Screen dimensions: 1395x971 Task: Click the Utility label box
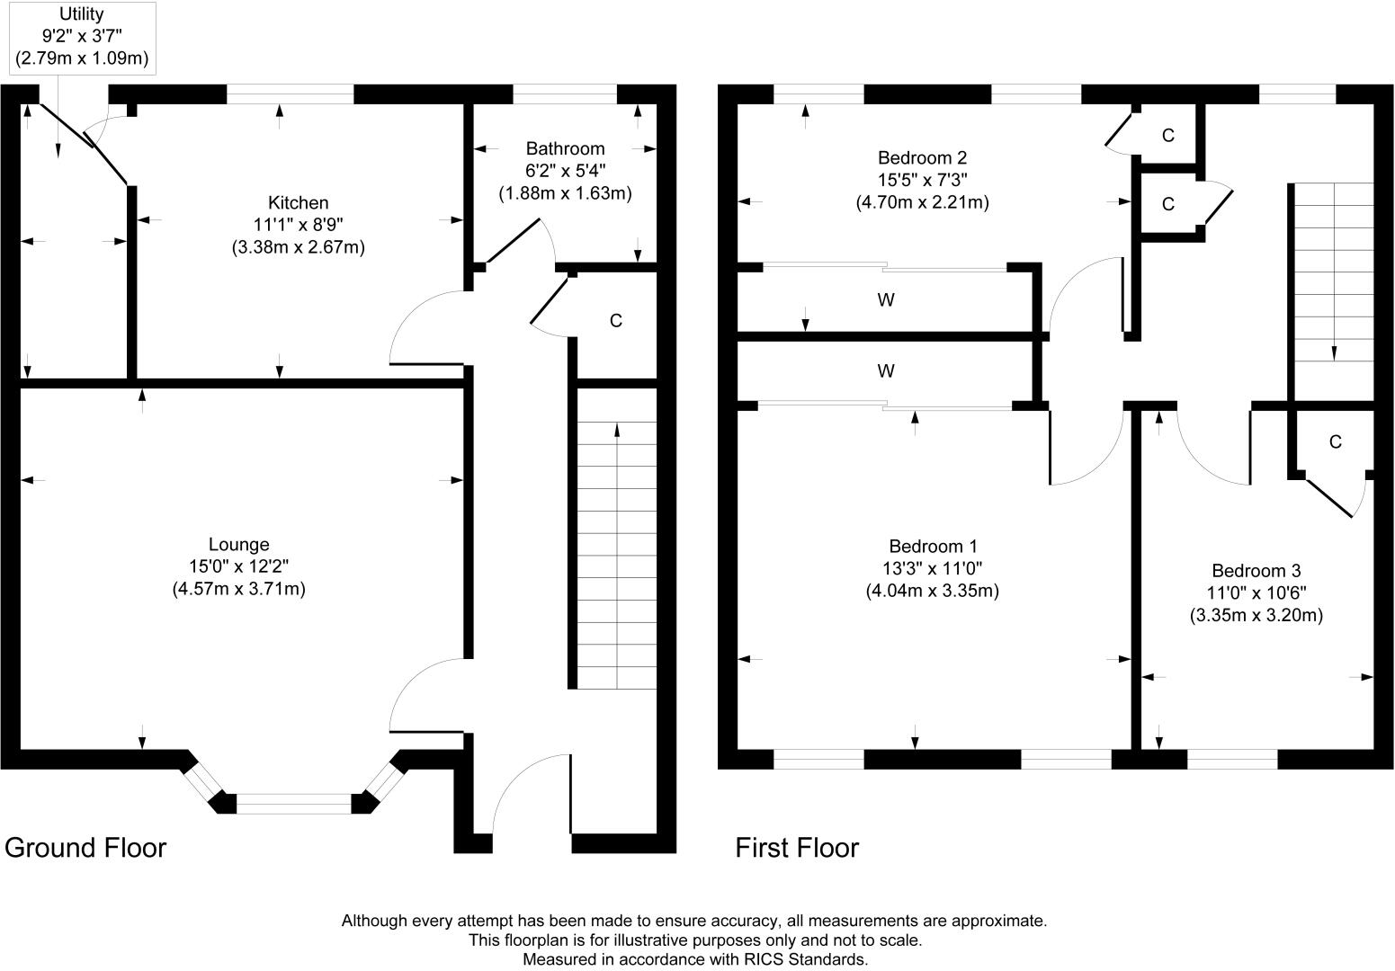click(x=82, y=38)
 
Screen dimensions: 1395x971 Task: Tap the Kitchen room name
click(x=299, y=203)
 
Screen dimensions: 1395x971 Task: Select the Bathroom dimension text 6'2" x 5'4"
click(x=566, y=171)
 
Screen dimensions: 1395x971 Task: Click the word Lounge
click(x=238, y=545)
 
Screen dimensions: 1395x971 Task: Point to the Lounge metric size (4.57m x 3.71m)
click(x=238, y=589)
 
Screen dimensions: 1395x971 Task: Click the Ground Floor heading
click(x=85, y=849)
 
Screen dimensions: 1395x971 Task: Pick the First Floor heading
click(x=797, y=848)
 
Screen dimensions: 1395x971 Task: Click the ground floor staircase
click(x=617, y=556)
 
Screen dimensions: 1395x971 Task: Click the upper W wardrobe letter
click(x=886, y=300)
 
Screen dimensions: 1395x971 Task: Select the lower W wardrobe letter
click(x=886, y=371)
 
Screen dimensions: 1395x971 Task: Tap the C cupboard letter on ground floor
click(x=616, y=321)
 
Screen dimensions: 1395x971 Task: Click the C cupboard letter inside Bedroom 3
click(x=1336, y=442)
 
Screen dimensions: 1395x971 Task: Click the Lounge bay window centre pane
click(x=294, y=804)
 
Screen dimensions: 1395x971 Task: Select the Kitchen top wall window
click(x=291, y=94)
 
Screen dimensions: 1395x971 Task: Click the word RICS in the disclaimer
click(x=764, y=959)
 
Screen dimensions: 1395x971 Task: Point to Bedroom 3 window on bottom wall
click(x=1232, y=760)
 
